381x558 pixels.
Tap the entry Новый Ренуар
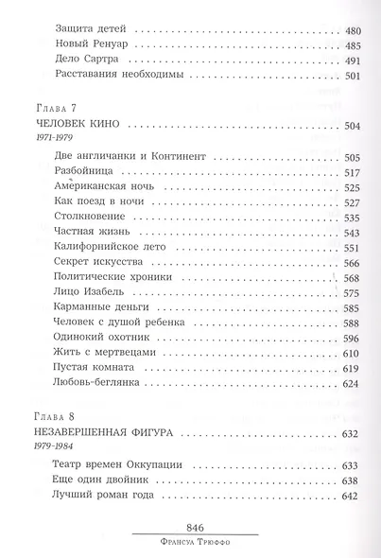tap(94, 44)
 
